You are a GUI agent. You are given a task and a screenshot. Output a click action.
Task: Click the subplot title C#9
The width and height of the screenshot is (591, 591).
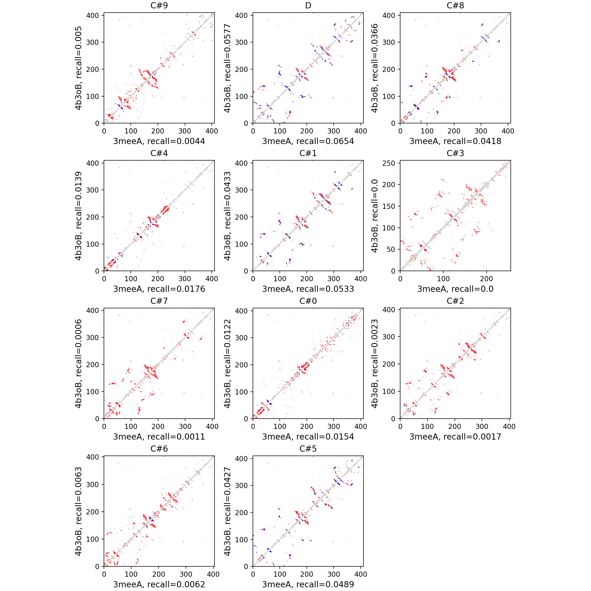click(x=159, y=5)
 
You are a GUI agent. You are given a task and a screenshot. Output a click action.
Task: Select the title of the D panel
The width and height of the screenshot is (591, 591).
click(x=308, y=5)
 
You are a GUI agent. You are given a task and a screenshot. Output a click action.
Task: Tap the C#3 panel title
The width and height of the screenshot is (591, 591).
click(x=455, y=153)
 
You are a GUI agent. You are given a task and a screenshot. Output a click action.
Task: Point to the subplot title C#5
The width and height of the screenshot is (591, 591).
click(x=308, y=449)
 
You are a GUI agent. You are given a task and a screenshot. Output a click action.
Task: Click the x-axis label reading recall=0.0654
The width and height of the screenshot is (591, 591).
click(x=308, y=141)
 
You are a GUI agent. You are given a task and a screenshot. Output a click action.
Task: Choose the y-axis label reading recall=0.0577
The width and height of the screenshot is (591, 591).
click(x=227, y=68)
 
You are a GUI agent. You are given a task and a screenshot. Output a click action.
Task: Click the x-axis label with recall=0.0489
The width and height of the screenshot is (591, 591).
click(x=308, y=584)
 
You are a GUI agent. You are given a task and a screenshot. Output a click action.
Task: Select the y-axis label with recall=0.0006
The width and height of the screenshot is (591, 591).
click(x=78, y=363)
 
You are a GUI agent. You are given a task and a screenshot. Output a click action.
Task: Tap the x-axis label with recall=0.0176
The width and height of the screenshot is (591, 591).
click(x=159, y=289)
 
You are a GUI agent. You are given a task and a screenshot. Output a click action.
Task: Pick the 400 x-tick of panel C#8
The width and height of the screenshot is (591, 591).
click(x=508, y=131)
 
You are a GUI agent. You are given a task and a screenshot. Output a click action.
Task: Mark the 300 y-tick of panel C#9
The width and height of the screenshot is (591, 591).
click(x=92, y=42)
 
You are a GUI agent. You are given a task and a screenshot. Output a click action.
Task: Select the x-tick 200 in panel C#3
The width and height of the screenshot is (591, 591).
click(x=486, y=279)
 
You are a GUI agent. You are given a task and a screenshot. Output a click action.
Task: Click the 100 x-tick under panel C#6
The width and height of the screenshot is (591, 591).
click(x=131, y=574)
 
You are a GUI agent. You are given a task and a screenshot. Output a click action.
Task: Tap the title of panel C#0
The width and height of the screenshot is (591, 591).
click(x=308, y=301)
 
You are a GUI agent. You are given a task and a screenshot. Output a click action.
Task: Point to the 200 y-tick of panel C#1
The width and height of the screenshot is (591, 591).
click(x=241, y=217)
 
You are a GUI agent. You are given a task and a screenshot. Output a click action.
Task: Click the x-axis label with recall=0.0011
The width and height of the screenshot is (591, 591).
click(x=159, y=437)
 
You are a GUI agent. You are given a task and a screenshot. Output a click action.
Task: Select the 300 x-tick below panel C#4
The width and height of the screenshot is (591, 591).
click(x=185, y=279)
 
